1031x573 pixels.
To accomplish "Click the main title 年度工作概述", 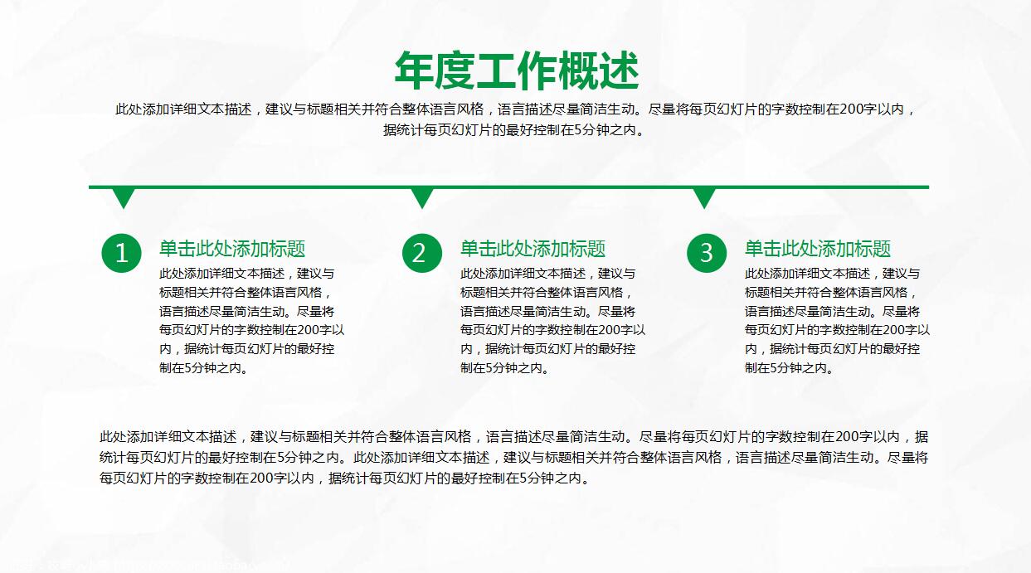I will coord(516,70).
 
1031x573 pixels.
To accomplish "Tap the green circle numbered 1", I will coord(122,253).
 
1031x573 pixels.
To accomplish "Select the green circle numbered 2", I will coord(422,253).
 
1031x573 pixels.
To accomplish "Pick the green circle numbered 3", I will coord(707,253).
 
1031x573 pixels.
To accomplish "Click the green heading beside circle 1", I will coord(232,249).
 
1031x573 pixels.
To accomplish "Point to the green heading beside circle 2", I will coord(533,249).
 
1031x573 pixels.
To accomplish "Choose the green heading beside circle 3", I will coord(817,249).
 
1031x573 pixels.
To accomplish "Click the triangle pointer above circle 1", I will coord(124,197).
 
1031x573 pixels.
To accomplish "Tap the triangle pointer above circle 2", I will coord(422,197).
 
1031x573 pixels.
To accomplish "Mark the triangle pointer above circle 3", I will coord(704,197).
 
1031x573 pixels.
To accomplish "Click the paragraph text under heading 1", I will coord(251,321).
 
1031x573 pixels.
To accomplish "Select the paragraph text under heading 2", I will coord(552,321).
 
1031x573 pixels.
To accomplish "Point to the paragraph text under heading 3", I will coord(837,321).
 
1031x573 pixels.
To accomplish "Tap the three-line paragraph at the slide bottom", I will coord(514,457).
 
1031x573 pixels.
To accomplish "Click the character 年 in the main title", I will coord(414,70).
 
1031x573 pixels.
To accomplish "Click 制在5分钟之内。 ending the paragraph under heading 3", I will coord(789,368).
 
